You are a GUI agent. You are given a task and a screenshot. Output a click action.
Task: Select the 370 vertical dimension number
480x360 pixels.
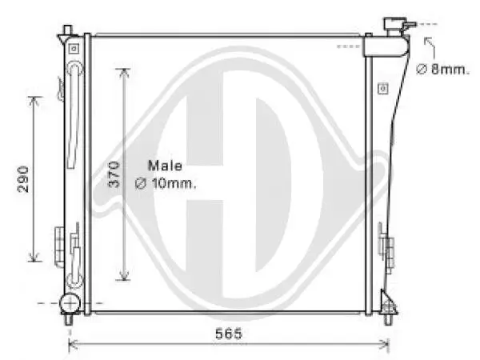coord(114,175)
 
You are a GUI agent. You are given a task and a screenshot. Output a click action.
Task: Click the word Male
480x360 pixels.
coord(165,166)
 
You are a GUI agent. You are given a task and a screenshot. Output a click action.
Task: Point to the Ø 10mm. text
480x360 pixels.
coord(166,183)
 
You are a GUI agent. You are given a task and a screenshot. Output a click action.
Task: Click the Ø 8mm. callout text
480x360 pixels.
coord(442,70)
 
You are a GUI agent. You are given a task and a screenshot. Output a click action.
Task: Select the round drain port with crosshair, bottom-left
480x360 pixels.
coord(70,303)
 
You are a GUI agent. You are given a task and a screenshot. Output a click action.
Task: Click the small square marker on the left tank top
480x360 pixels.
coord(74,48)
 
